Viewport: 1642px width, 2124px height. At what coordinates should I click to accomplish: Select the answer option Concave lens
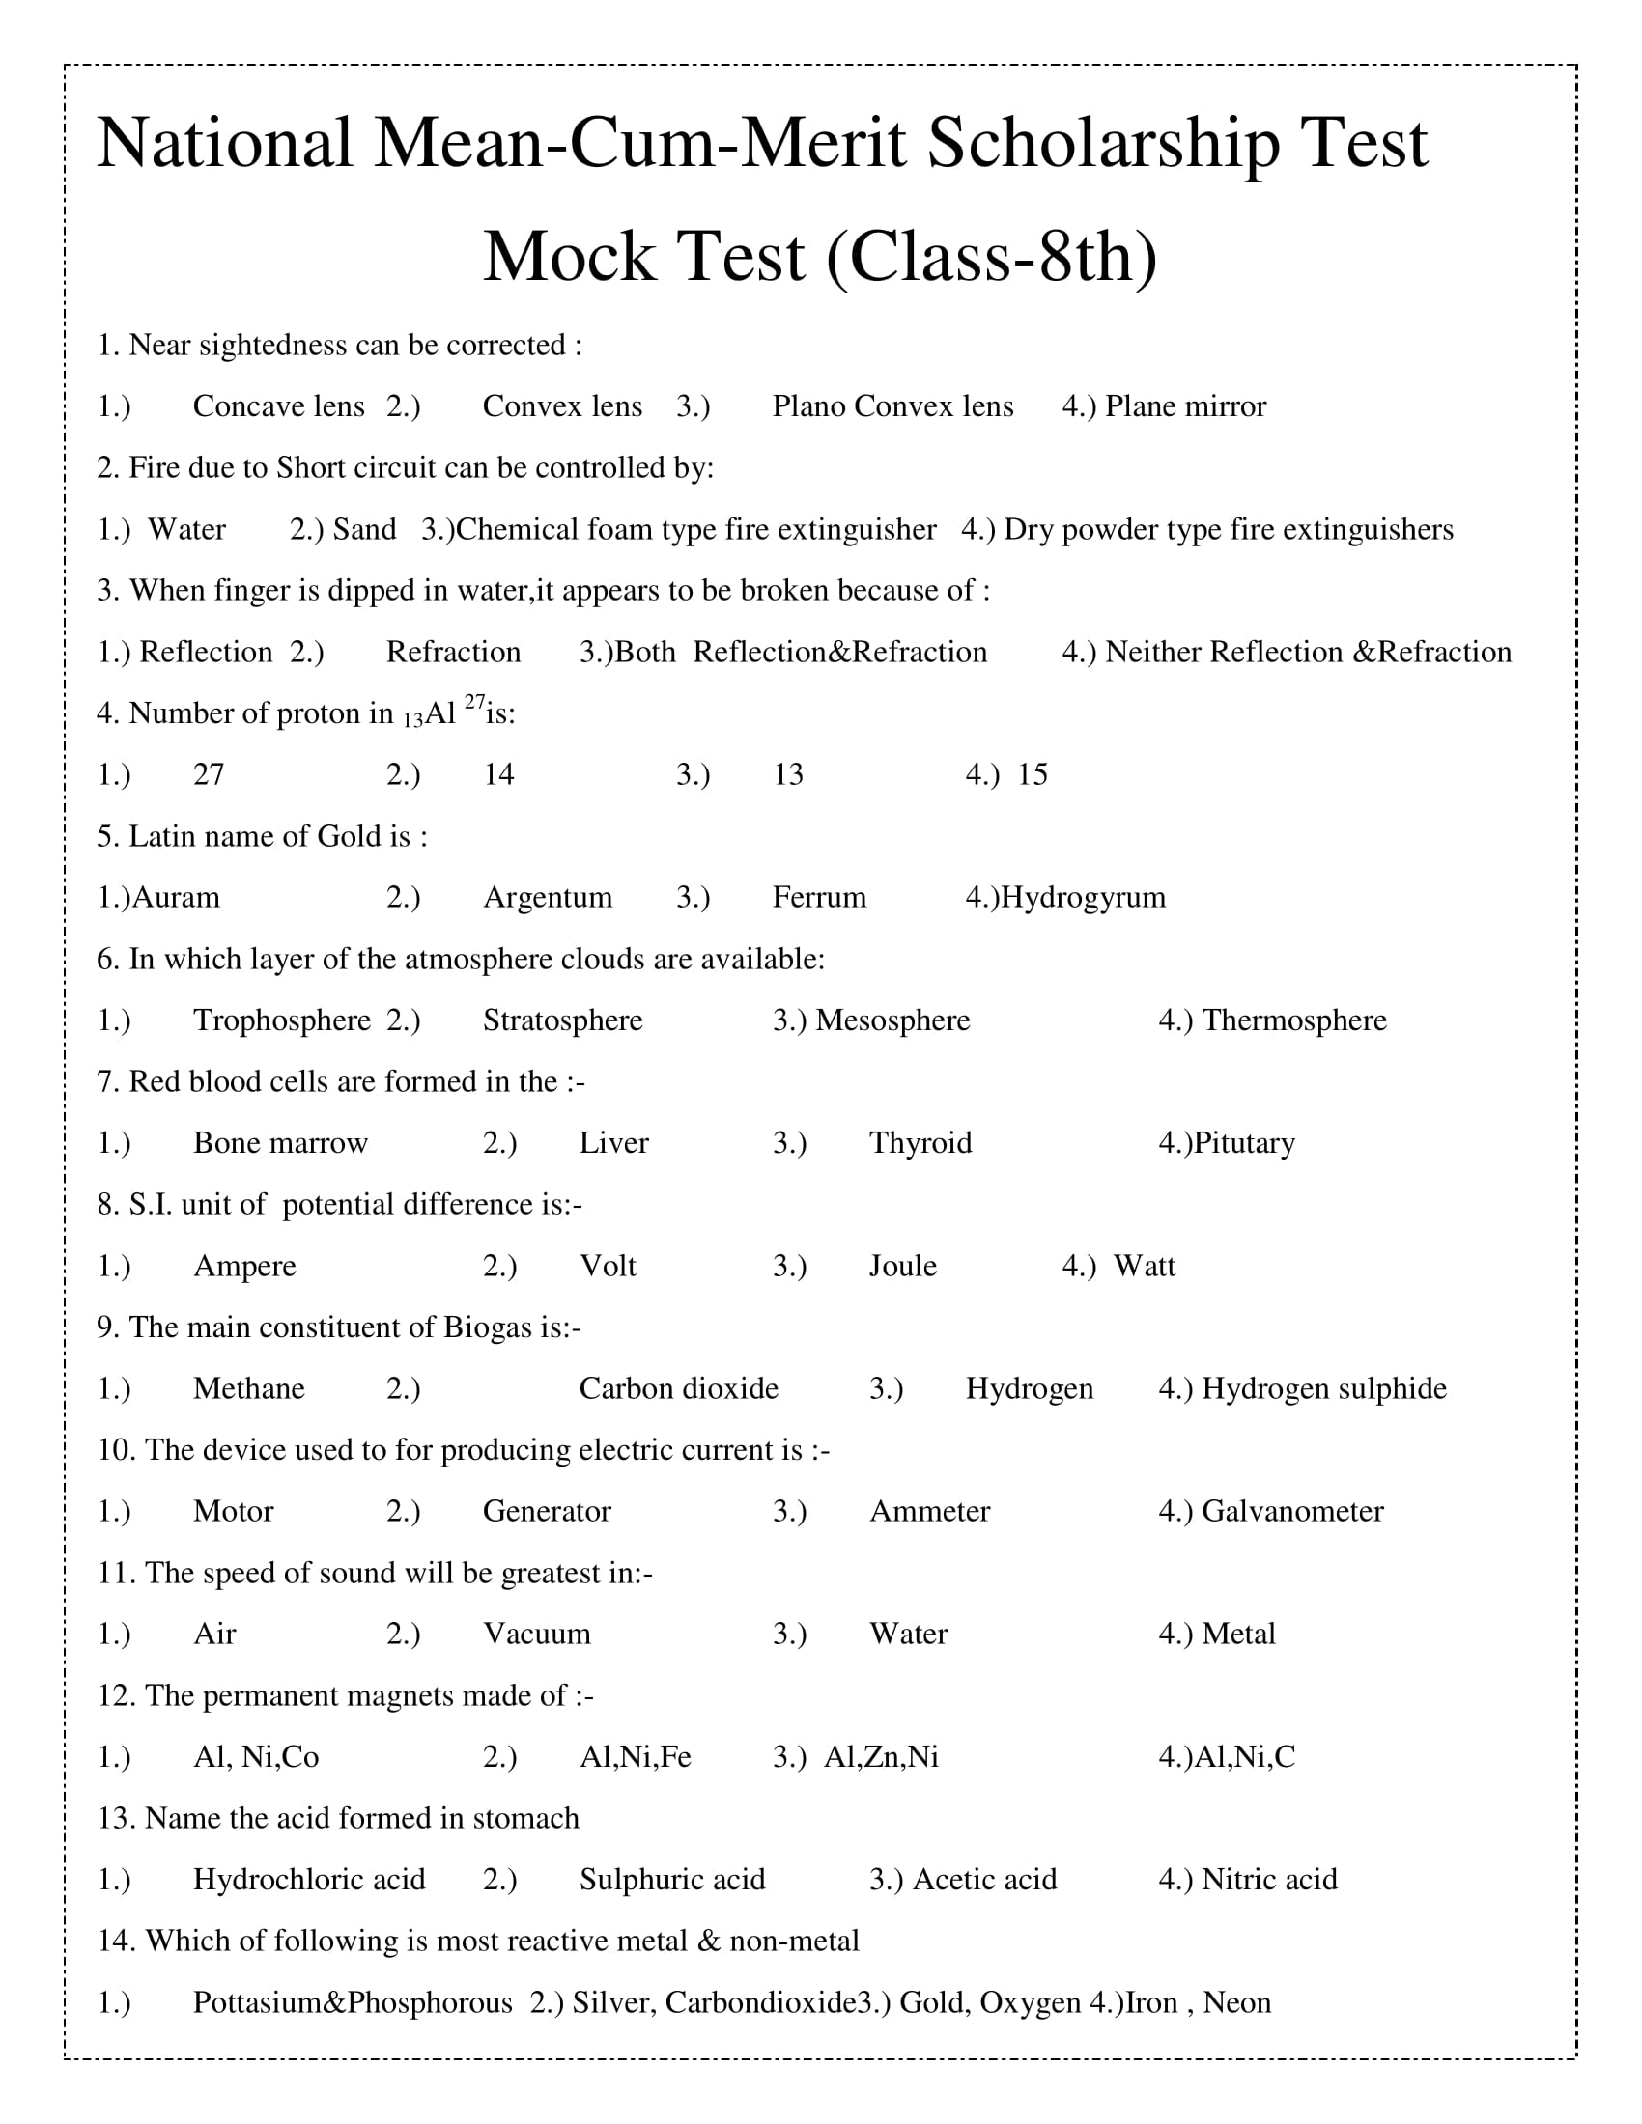(278, 406)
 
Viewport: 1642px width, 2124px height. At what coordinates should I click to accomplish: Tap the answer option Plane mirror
(1185, 406)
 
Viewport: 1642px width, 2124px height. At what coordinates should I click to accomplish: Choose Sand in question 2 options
(364, 529)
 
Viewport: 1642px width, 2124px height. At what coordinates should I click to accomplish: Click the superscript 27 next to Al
(473, 701)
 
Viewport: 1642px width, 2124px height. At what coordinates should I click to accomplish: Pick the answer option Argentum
(548, 897)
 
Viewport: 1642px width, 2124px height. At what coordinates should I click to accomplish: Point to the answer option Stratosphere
(562, 1020)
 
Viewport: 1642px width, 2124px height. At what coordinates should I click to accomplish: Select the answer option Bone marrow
(280, 1143)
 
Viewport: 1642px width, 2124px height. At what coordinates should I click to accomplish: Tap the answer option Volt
(608, 1266)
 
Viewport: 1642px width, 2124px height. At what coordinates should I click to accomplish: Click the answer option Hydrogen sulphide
(1324, 1387)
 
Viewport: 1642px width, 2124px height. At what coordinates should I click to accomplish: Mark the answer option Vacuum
(537, 1634)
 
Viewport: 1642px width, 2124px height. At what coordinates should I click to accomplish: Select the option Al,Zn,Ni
(881, 1756)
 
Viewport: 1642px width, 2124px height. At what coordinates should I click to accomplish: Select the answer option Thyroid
(920, 1143)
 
